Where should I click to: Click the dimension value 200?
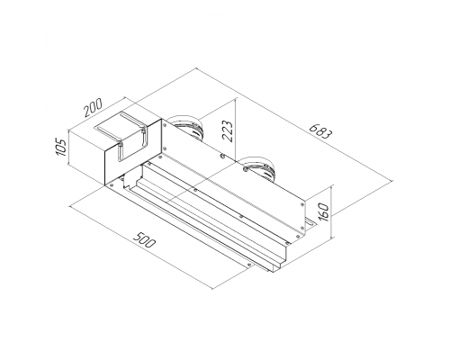pos(94,107)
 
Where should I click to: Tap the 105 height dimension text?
pos(61,147)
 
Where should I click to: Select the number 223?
pos(228,130)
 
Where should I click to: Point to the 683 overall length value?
pos(320,131)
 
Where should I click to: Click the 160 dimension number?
pos(323,212)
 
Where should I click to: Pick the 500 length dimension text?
pos(144,238)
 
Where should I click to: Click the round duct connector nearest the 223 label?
pos(185,128)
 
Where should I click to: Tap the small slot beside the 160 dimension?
pos(310,222)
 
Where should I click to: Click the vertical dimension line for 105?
pos(68,147)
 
